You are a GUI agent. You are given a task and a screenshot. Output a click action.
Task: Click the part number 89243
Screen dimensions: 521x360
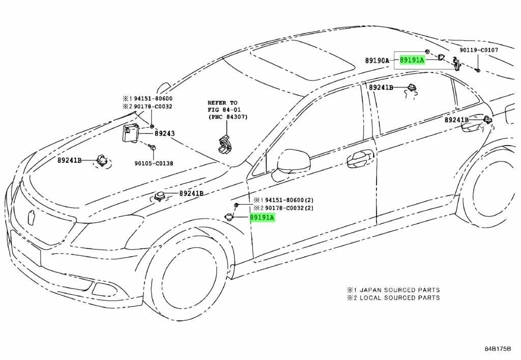point(164,133)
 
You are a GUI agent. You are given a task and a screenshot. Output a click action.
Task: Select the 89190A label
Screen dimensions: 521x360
point(377,61)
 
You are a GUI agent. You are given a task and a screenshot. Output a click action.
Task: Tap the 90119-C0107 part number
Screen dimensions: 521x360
point(479,50)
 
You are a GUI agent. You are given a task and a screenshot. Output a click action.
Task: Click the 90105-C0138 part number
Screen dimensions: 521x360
point(154,163)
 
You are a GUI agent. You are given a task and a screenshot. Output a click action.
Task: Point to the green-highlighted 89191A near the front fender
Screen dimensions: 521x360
point(262,218)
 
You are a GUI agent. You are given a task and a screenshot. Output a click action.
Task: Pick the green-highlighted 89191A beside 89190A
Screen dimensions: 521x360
point(412,60)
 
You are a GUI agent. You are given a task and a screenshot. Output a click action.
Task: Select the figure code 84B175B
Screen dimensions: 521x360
point(497,349)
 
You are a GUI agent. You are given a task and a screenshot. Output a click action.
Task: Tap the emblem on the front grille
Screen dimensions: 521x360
point(32,217)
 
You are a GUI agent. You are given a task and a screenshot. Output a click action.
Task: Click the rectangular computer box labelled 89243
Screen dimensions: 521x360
point(131,134)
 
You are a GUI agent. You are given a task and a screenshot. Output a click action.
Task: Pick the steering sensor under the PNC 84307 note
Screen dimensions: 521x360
point(223,144)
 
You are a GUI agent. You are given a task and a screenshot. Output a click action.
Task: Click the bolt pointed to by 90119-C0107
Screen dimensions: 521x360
point(478,70)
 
